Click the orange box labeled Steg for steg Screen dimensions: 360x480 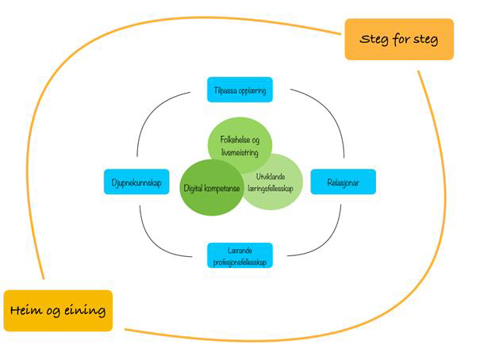[x=398, y=40]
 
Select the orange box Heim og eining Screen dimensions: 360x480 [x=58, y=310]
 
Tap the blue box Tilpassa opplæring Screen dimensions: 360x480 [x=239, y=90]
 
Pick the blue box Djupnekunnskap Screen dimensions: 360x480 [x=136, y=182]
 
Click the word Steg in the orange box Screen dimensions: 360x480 [x=374, y=40]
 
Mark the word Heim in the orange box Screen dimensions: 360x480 [x=29, y=310]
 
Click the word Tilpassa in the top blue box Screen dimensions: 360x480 [x=225, y=90]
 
